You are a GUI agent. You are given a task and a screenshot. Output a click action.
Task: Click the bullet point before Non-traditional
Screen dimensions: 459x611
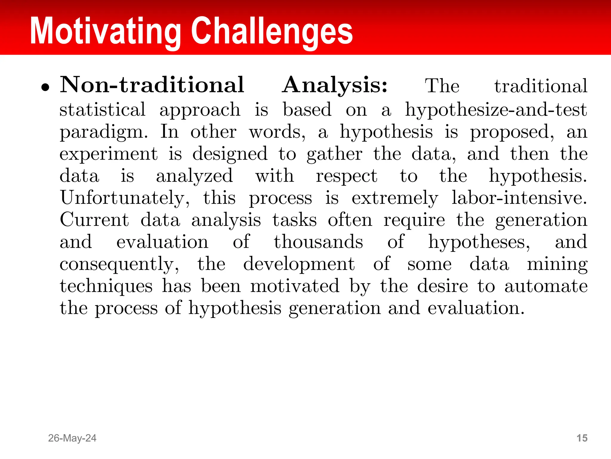click(45, 87)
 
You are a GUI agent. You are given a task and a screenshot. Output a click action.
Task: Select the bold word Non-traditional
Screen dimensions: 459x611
click(152, 85)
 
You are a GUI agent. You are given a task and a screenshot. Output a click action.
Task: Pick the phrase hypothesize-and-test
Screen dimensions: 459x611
click(496, 110)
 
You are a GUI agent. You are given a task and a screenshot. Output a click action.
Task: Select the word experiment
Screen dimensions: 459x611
click(109, 154)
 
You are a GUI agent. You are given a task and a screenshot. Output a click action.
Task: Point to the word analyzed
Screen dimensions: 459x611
click(194, 176)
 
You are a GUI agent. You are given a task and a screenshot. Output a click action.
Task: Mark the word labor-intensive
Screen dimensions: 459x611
click(519, 198)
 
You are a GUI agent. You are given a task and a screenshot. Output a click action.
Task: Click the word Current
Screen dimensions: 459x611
click(94, 220)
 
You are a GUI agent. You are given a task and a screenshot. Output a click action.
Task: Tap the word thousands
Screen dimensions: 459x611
click(318, 242)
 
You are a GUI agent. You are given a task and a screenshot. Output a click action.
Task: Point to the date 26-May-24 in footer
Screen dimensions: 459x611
click(72, 438)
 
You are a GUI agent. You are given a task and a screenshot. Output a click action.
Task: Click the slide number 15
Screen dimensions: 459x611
click(582, 438)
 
